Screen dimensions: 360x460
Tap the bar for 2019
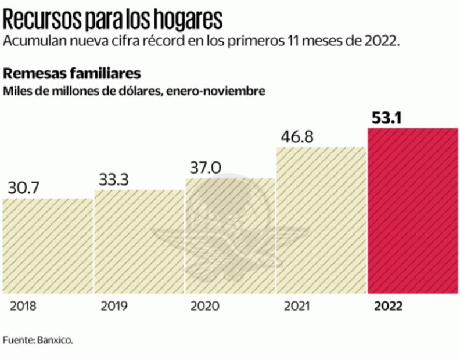139,241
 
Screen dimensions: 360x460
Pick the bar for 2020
230,235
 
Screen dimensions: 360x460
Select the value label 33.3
114,180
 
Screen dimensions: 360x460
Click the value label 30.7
24,189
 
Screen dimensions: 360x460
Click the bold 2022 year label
387,306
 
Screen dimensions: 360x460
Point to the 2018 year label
23,306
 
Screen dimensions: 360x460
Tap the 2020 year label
204,306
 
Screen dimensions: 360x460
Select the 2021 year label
296,306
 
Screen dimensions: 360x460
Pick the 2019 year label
114,306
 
